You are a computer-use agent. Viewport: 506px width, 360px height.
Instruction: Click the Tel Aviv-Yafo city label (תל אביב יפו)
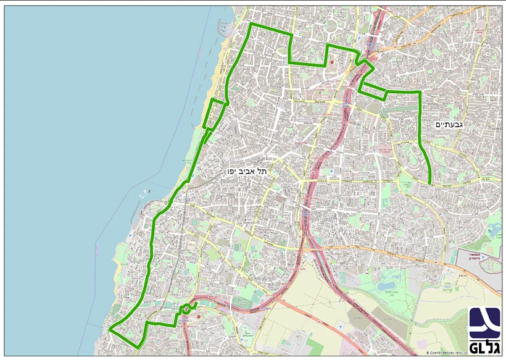(x=246, y=170)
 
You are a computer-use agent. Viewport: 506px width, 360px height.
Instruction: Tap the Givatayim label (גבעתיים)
(x=444, y=125)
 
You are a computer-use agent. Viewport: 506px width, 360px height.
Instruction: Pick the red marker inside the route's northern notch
(x=331, y=62)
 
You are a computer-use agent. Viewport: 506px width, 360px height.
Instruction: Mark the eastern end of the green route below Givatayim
(x=429, y=182)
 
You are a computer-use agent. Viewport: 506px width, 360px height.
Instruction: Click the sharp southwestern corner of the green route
(x=110, y=330)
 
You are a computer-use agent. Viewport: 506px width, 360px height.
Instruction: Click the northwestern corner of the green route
(x=250, y=25)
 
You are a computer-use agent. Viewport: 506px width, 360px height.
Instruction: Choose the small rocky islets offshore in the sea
(x=146, y=192)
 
